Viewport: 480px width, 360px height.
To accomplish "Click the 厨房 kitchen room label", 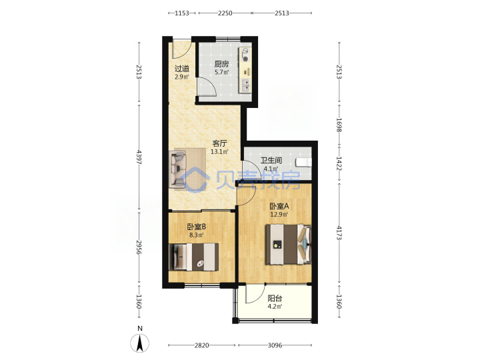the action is [x=221, y=64].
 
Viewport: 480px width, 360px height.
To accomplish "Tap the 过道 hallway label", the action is [x=182, y=69].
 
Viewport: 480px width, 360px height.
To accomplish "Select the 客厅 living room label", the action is [x=220, y=143].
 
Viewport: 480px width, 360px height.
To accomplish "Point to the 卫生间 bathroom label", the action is [x=271, y=161].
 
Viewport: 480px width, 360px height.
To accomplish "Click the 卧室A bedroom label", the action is [x=279, y=206].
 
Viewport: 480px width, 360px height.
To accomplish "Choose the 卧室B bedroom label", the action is [x=197, y=227].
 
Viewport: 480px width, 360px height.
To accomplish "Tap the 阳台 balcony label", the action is [x=275, y=298].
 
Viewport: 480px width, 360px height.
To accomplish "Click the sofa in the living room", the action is [x=178, y=169].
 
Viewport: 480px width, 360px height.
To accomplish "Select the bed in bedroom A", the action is [x=289, y=244].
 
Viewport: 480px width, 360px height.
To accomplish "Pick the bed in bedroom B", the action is [x=194, y=257].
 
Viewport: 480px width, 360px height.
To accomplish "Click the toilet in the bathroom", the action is [x=303, y=163].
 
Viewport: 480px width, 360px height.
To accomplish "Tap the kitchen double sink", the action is [x=245, y=85].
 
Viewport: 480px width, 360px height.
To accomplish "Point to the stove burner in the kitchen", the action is [x=245, y=58].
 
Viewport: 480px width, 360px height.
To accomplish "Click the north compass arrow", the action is [x=140, y=343].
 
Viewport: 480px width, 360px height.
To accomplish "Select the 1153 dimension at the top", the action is [x=182, y=13].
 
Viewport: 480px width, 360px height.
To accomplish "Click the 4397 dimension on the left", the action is [x=139, y=157].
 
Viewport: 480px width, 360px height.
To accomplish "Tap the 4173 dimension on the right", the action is [x=339, y=233].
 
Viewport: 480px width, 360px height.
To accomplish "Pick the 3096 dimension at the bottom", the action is [x=275, y=345].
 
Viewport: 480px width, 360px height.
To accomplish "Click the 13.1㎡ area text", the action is [x=219, y=151].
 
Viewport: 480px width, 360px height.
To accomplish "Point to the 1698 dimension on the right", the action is [x=339, y=125].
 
